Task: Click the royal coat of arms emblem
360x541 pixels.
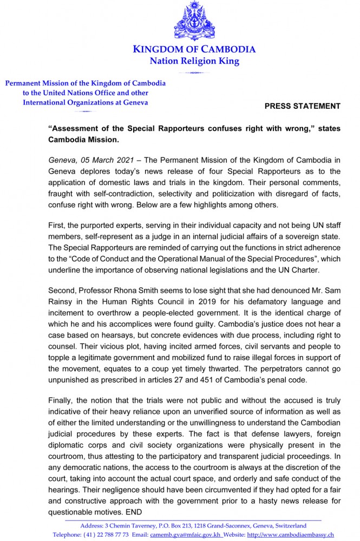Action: (194, 21)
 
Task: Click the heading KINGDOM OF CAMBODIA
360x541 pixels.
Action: (194, 50)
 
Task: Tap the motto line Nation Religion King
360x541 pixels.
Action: (194, 61)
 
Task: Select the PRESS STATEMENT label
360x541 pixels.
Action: (302, 106)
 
